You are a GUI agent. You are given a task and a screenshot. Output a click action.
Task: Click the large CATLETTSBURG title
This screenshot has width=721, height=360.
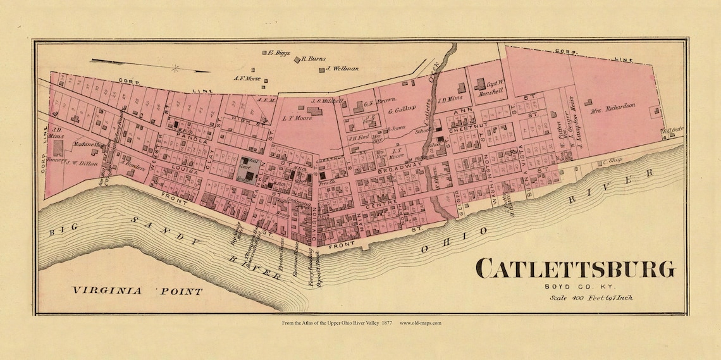[575, 268]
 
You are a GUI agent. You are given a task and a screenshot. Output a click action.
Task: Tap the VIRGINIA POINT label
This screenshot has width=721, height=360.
[137, 292]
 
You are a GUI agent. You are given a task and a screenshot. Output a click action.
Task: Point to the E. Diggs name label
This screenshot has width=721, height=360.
[278, 53]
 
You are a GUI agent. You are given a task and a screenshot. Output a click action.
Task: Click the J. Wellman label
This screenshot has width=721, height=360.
[342, 68]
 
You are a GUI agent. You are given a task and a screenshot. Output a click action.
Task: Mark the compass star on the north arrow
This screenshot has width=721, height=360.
[175, 68]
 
